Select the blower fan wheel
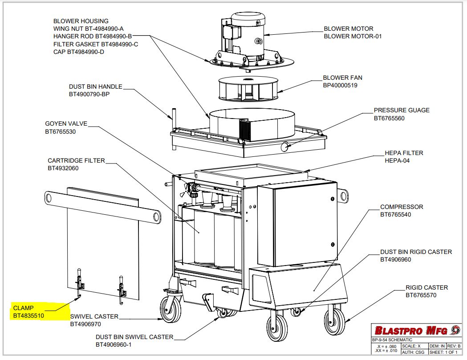pos(248,89)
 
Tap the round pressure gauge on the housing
pos(285,146)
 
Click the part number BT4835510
pos(28,315)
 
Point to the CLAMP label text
pos(24,308)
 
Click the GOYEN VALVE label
pos(66,124)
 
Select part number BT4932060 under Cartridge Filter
pos(63,168)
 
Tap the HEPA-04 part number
pos(397,161)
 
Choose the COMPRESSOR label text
pos(402,207)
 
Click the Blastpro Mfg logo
pos(417,330)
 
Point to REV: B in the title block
pos(454,346)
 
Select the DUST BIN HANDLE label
pos(96,87)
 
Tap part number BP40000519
pos(340,86)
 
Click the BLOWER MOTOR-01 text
pos(353,37)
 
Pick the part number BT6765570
pos(421,295)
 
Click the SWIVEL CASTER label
pos(94,316)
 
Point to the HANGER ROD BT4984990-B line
pos(92,37)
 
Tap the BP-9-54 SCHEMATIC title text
pos(392,340)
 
